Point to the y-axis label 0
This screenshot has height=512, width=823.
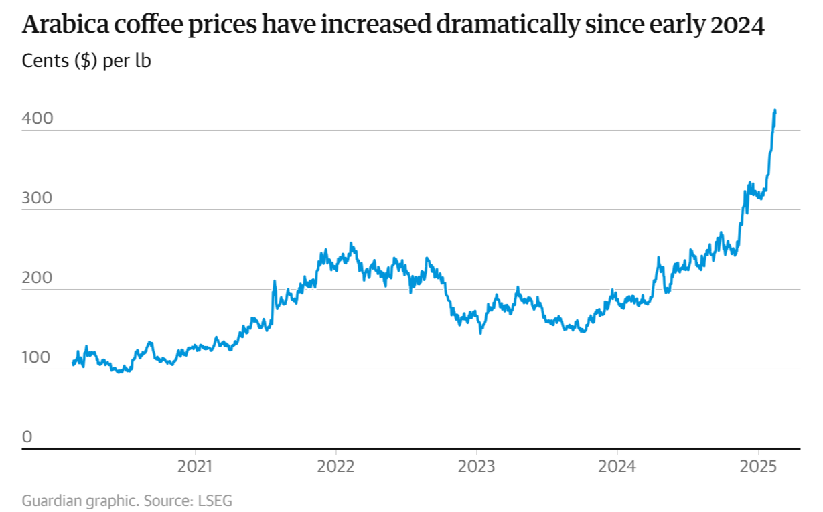tap(27, 437)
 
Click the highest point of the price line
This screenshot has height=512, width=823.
tap(775, 110)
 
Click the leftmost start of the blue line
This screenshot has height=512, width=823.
tap(72, 364)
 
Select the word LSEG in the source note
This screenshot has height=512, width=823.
tap(215, 500)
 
